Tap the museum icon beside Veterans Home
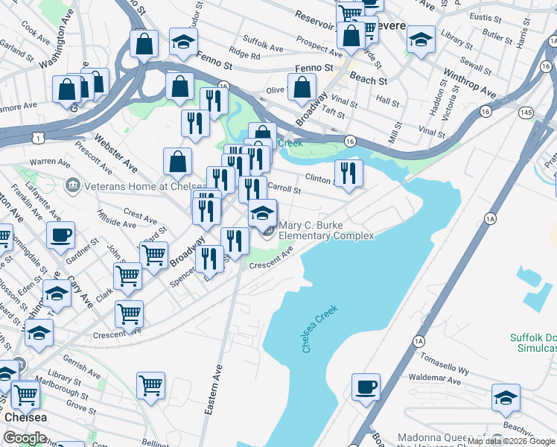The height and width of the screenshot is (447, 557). click(x=73, y=184)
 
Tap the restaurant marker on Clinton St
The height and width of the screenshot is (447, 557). click(x=348, y=172)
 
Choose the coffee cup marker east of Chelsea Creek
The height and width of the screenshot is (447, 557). click(x=366, y=387)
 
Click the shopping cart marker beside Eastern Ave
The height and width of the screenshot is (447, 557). click(x=150, y=385)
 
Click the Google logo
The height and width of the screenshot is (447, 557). click(x=25, y=438)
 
